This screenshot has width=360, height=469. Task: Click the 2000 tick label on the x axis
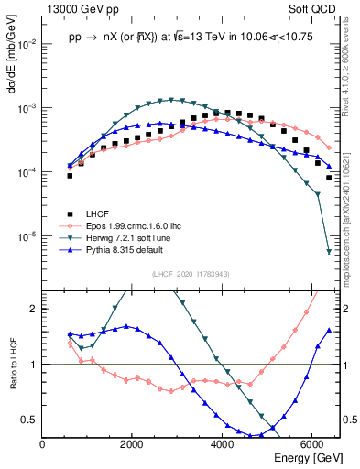(x=133, y=444)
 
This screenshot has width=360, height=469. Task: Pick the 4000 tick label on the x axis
(x=223, y=444)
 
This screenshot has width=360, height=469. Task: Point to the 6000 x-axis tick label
(x=312, y=444)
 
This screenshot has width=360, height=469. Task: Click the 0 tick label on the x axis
(x=43, y=444)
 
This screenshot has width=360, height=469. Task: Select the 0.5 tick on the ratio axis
(x=29, y=420)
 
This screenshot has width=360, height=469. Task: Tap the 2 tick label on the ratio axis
(x=34, y=309)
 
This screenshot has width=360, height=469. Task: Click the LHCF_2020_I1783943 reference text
(x=190, y=275)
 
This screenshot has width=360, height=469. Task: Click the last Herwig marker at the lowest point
(x=329, y=252)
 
